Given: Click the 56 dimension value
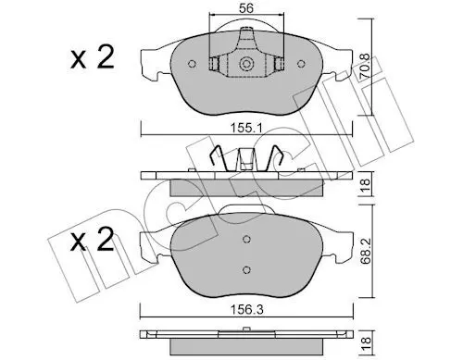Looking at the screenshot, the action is (246, 8).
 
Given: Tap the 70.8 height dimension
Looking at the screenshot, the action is (365, 67).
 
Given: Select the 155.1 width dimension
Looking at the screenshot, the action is (246, 128).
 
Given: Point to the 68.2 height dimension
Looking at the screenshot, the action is (366, 251).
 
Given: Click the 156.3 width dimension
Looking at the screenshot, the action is (246, 310).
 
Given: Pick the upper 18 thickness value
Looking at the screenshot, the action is (366, 184).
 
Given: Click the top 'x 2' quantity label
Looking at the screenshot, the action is (93, 57).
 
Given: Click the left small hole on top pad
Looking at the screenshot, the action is (192, 64).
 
